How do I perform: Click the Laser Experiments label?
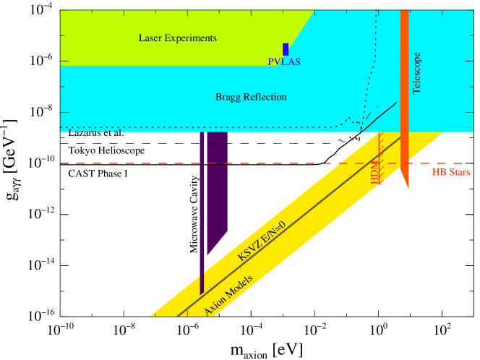(177, 38)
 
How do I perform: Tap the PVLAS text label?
(284, 62)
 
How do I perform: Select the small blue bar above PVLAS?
(286, 49)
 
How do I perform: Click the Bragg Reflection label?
(251, 97)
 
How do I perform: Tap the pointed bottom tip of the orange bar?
(408, 189)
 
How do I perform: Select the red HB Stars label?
(451, 173)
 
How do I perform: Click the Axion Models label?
(228, 296)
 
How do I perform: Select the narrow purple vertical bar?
(202, 217)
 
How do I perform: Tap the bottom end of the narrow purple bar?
(202, 292)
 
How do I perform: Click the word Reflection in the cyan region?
(265, 97)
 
